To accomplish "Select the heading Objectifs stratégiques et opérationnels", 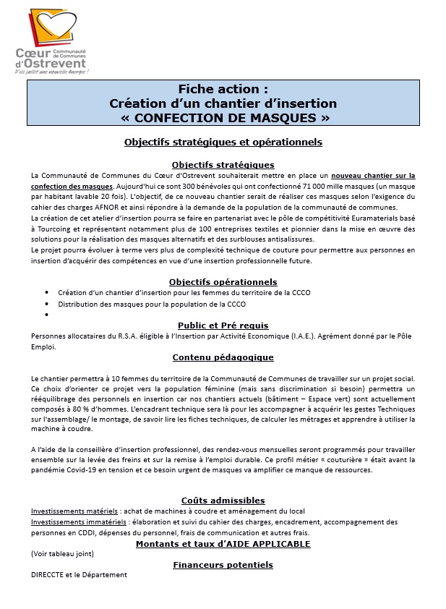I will click(x=223, y=142).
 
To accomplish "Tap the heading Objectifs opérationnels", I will click(x=223, y=281).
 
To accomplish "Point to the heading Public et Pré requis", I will click(x=223, y=325).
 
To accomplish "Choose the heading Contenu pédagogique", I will click(x=223, y=357).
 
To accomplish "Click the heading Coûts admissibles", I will click(x=223, y=501).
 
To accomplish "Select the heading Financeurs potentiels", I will click(x=223, y=565).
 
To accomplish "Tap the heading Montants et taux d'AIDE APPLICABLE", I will click(x=223, y=544).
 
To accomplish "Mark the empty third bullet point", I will click(x=47, y=315).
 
